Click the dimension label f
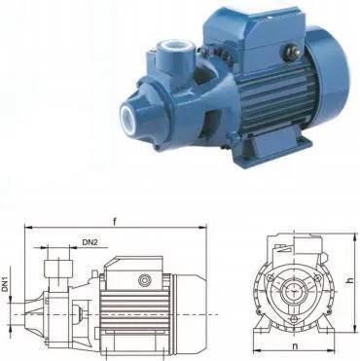114,222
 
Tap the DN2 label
90,242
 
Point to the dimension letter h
349,281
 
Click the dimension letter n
295,346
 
